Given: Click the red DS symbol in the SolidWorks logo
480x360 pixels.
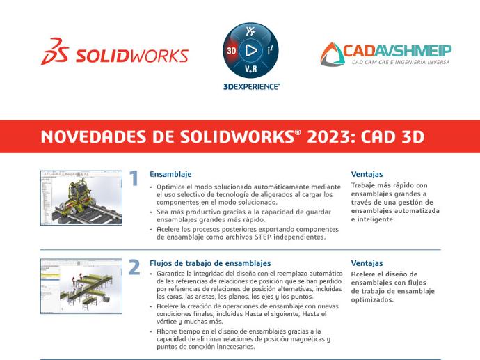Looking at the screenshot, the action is coord(54,51).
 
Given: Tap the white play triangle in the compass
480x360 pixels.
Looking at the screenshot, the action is coord(251,50).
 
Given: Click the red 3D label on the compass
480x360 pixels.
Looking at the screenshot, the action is coord(231,50).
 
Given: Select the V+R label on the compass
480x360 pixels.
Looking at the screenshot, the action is coord(250,69).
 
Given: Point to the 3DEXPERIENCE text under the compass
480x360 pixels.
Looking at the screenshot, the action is coord(251,87).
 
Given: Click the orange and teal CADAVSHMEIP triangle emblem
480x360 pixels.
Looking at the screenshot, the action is coord(333,54).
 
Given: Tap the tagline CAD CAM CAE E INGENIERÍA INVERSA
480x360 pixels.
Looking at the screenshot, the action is coord(401,62).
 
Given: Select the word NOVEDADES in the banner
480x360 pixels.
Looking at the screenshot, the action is coord(94,136).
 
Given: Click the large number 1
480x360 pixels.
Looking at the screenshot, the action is coord(134,178).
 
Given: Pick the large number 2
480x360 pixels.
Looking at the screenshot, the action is coord(134,267).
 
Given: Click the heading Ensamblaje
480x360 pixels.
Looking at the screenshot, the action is coord(170,174).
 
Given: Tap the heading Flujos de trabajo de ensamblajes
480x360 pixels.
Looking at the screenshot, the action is coord(210,263).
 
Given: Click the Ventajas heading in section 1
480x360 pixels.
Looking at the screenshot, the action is coord(367,174).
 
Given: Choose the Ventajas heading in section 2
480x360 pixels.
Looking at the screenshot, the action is coord(367,263).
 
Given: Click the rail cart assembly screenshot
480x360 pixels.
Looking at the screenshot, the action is coord(81,198).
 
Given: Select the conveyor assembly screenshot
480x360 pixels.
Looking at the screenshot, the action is coord(81,286).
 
